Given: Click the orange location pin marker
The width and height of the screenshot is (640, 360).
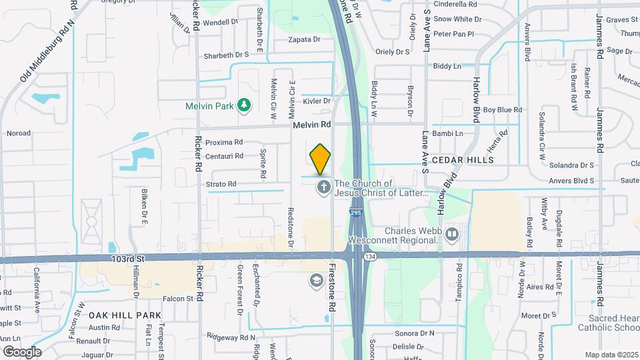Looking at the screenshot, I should click(x=321, y=158).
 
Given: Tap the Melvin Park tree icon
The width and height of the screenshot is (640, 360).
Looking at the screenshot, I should click(x=245, y=105).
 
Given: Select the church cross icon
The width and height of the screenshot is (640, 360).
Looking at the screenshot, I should click(x=323, y=187).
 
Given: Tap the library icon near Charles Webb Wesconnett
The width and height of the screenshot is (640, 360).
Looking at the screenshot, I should click(x=453, y=234).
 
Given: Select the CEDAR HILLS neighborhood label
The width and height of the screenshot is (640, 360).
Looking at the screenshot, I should click(x=463, y=160).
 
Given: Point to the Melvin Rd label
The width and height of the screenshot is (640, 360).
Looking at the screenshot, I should click(x=311, y=125).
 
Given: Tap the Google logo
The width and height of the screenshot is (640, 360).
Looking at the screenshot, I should click(x=21, y=352).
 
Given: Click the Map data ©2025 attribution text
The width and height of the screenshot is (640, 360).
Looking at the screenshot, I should click(x=611, y=355).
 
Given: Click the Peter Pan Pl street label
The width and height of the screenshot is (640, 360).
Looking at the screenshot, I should click(x=453, y=33).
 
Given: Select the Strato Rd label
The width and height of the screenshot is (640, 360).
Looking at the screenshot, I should click(x=221, y=184).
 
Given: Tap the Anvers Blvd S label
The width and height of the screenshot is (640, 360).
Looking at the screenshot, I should click(x=571, y=180).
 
